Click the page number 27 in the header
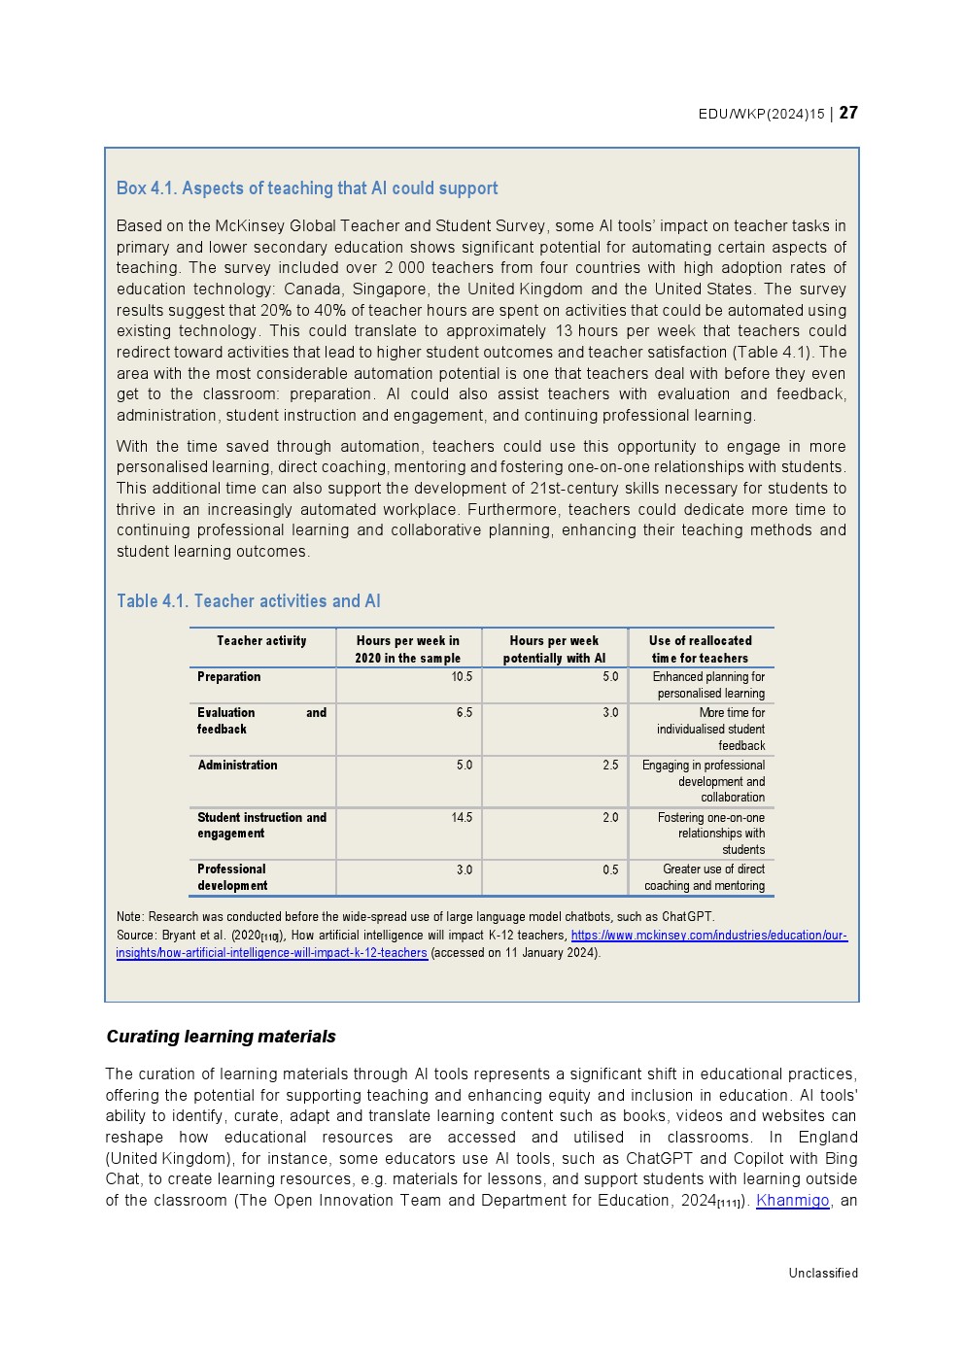(848, 113)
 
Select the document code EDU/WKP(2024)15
(761, 114)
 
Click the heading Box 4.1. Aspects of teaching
(307, 188)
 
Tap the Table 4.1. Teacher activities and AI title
(249, 601)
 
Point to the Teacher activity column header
(261, 641)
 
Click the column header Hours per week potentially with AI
(554, 649)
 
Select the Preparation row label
(229, 677)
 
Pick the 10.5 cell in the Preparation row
(462, 677)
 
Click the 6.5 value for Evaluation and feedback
(465, 713)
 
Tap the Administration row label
(238, 766)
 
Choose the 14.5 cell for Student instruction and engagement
(462, 818)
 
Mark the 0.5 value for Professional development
(610, 870)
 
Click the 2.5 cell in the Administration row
(610, 766)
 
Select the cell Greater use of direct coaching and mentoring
(705, 877)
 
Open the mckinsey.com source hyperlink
(708, 936)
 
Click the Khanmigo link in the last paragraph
(792, 1201)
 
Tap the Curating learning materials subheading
(221, 1037)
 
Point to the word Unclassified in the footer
(823, 1274)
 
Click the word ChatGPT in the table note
(687, 917)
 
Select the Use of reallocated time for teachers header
(700, 649)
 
